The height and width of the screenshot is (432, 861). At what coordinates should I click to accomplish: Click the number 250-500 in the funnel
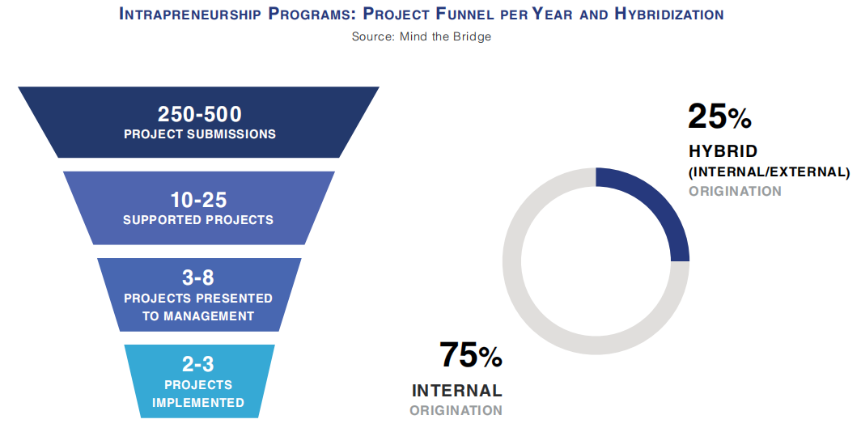point(199,114)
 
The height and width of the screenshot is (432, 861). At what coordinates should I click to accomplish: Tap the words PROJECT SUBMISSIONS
point(199,134)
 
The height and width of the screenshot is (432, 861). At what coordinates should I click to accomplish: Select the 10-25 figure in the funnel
point(198,200)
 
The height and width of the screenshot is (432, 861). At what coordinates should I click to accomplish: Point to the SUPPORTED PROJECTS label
point(198,219)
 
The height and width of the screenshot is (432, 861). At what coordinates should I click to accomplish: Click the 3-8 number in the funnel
point(198,278)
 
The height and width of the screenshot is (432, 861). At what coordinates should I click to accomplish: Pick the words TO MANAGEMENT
point(198,316)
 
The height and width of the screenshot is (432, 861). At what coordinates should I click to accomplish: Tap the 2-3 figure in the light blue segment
point(198,364)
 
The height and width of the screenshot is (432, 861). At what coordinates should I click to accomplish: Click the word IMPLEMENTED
point(198,402)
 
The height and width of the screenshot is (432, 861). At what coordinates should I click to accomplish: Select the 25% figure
point(719,117)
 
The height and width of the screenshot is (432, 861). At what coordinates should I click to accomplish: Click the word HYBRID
point(723,151)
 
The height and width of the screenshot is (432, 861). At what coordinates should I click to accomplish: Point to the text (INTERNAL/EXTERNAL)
point(769,172)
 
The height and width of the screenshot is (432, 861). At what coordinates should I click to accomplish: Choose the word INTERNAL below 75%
point(456,391)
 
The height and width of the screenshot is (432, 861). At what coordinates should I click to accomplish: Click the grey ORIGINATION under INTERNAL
point(456,410)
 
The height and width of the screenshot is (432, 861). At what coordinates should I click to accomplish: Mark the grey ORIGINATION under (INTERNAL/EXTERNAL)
point(735,191)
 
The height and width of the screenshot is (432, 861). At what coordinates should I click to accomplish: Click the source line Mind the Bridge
point(421,36)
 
